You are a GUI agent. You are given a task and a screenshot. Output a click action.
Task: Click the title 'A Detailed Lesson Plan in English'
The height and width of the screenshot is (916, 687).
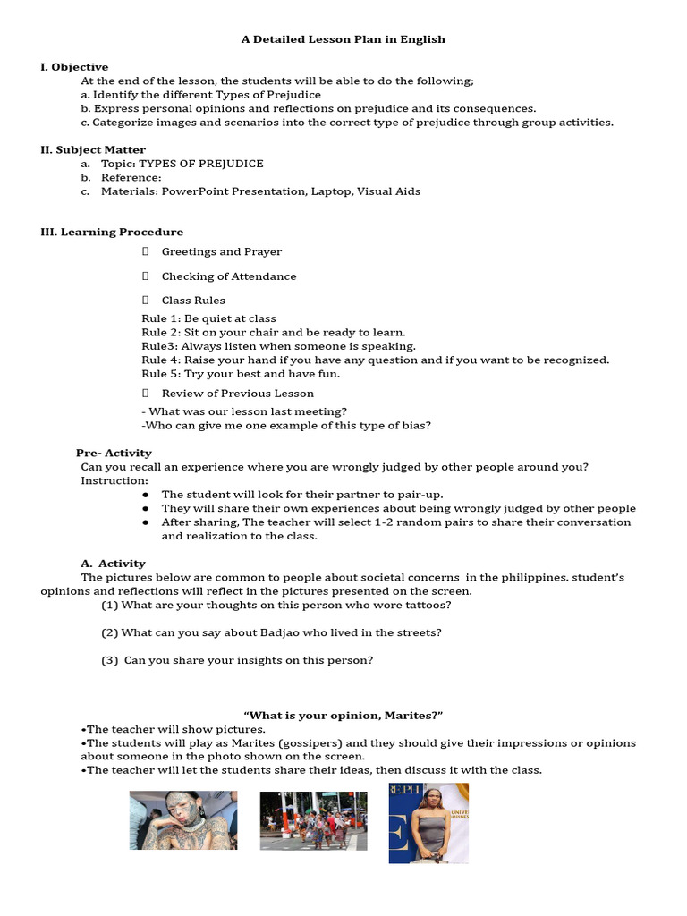coord(343,39)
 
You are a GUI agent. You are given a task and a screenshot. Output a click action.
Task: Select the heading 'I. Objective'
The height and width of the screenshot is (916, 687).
coord(74,67)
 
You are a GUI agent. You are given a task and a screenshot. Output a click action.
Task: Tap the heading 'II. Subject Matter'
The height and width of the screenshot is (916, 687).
coord(93,149)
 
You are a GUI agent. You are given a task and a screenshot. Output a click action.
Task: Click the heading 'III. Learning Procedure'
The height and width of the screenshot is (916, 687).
coord(112,232)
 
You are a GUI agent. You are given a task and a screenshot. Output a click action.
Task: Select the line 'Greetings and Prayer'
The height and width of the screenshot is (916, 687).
coord(221,252)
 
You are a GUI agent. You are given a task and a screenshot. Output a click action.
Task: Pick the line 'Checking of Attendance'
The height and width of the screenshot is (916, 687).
coord(228,276)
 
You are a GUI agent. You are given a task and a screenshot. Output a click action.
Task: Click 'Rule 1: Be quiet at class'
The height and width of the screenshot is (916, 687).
coord(208,318)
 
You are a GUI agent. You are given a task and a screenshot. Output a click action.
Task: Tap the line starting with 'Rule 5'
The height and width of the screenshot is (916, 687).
coord(241,374)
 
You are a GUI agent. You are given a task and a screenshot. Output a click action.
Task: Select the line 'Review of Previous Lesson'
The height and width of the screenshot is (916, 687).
coord(237,394)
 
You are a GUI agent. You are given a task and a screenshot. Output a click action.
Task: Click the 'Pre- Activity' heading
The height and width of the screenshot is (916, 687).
coord(114,453)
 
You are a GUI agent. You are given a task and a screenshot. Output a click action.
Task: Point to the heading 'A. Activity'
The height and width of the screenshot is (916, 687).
coord(113,564)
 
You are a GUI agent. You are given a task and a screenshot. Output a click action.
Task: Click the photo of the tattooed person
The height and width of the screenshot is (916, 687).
coord(183,819)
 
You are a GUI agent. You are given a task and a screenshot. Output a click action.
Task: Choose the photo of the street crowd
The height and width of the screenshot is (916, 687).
coord(313,820)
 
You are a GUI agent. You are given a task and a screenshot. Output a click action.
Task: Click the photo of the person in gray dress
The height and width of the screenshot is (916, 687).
coord(428,823)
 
